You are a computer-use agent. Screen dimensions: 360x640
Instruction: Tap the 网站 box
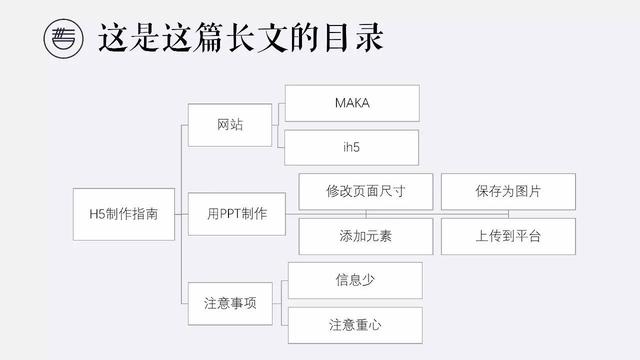tap(230, 125)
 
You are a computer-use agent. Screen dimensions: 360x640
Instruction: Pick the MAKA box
tap(351, 103)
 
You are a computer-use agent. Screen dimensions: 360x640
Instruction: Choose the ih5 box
tap(351, 147)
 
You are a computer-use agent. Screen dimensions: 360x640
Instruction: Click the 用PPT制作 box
tap(237, 213)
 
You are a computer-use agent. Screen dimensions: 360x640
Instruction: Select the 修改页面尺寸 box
tap(365, 191)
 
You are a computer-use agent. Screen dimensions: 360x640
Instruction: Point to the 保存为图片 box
tap(508, 191)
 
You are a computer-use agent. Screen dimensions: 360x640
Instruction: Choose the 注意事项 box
tap(230, 302)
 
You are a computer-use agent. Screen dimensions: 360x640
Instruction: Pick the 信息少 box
tap(355, 280)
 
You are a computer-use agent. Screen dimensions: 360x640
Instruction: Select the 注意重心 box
tap(355, 325)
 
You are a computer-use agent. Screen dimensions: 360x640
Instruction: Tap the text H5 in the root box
tap(96, 213)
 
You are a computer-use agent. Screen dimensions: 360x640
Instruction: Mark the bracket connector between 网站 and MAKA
tap(279, 125)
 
